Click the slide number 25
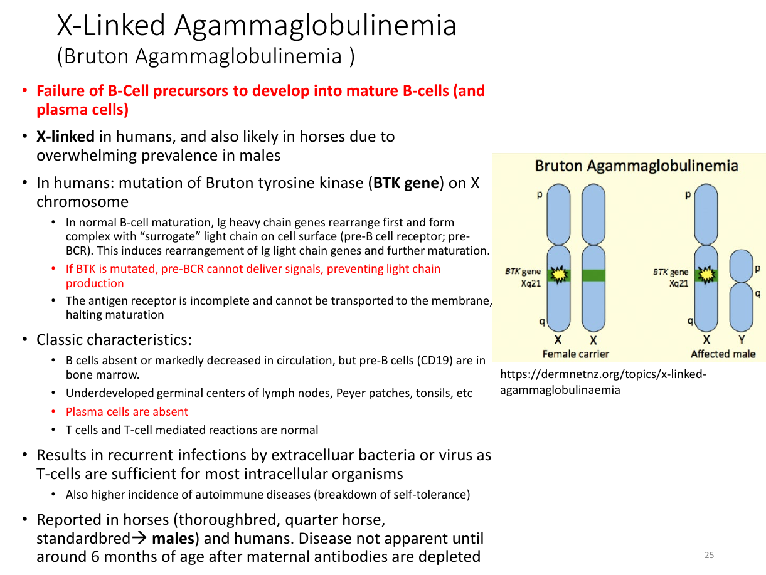tap(709, 555)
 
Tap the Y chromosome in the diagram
tap(741, 290)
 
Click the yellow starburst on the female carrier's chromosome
tap(559, 275)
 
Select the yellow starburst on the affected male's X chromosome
tap(706, 275)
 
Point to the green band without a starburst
tap(593, 275)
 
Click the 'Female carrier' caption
tap(575, 354)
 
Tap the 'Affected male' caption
tap(723, 354)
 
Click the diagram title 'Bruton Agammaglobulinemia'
tap(637, 166)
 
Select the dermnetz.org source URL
tap(603, 382)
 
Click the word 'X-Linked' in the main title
tap(111, 26)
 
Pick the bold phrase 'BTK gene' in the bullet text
tap(406, 183)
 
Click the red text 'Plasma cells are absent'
tap(127, 411)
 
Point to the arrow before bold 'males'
tap(140, 538)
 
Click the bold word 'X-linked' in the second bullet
tap(65, 136)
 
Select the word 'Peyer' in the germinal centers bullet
tap(351, 393)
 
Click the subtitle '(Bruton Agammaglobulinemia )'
tap(206, 56)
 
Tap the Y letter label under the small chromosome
tap(742, 339)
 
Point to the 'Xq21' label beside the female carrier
tap(531, 283)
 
